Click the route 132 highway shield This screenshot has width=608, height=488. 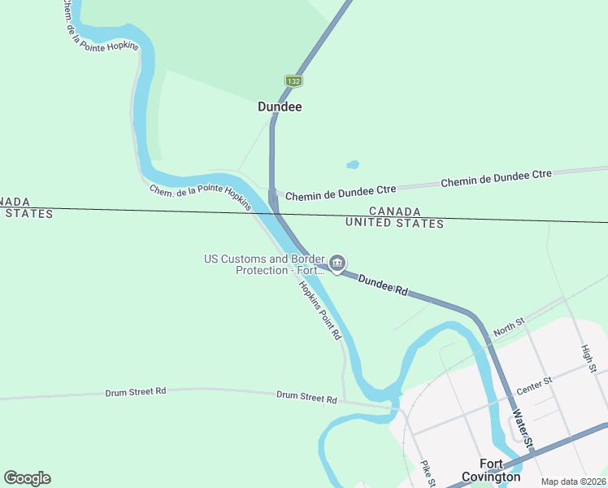(x=293, y=81)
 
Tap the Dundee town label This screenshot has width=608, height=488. (x=280, y=107)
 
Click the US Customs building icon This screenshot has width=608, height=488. (x=337, y=264)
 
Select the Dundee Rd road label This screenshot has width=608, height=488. (x=382, y=284)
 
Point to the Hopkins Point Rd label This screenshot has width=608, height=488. (x=319, y=310)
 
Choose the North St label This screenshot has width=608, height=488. (x=510, y=327)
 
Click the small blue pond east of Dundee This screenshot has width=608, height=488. (x=353, y=164)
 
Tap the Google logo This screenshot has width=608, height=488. (x=27, y=478)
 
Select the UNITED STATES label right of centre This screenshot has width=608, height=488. (x=394, y=223)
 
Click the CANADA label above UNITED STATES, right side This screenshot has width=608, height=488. (x=394, y=211)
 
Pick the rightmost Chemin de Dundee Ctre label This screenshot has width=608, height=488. (x=496, y=178)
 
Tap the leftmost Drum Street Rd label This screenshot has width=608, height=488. (x=136, y=392)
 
